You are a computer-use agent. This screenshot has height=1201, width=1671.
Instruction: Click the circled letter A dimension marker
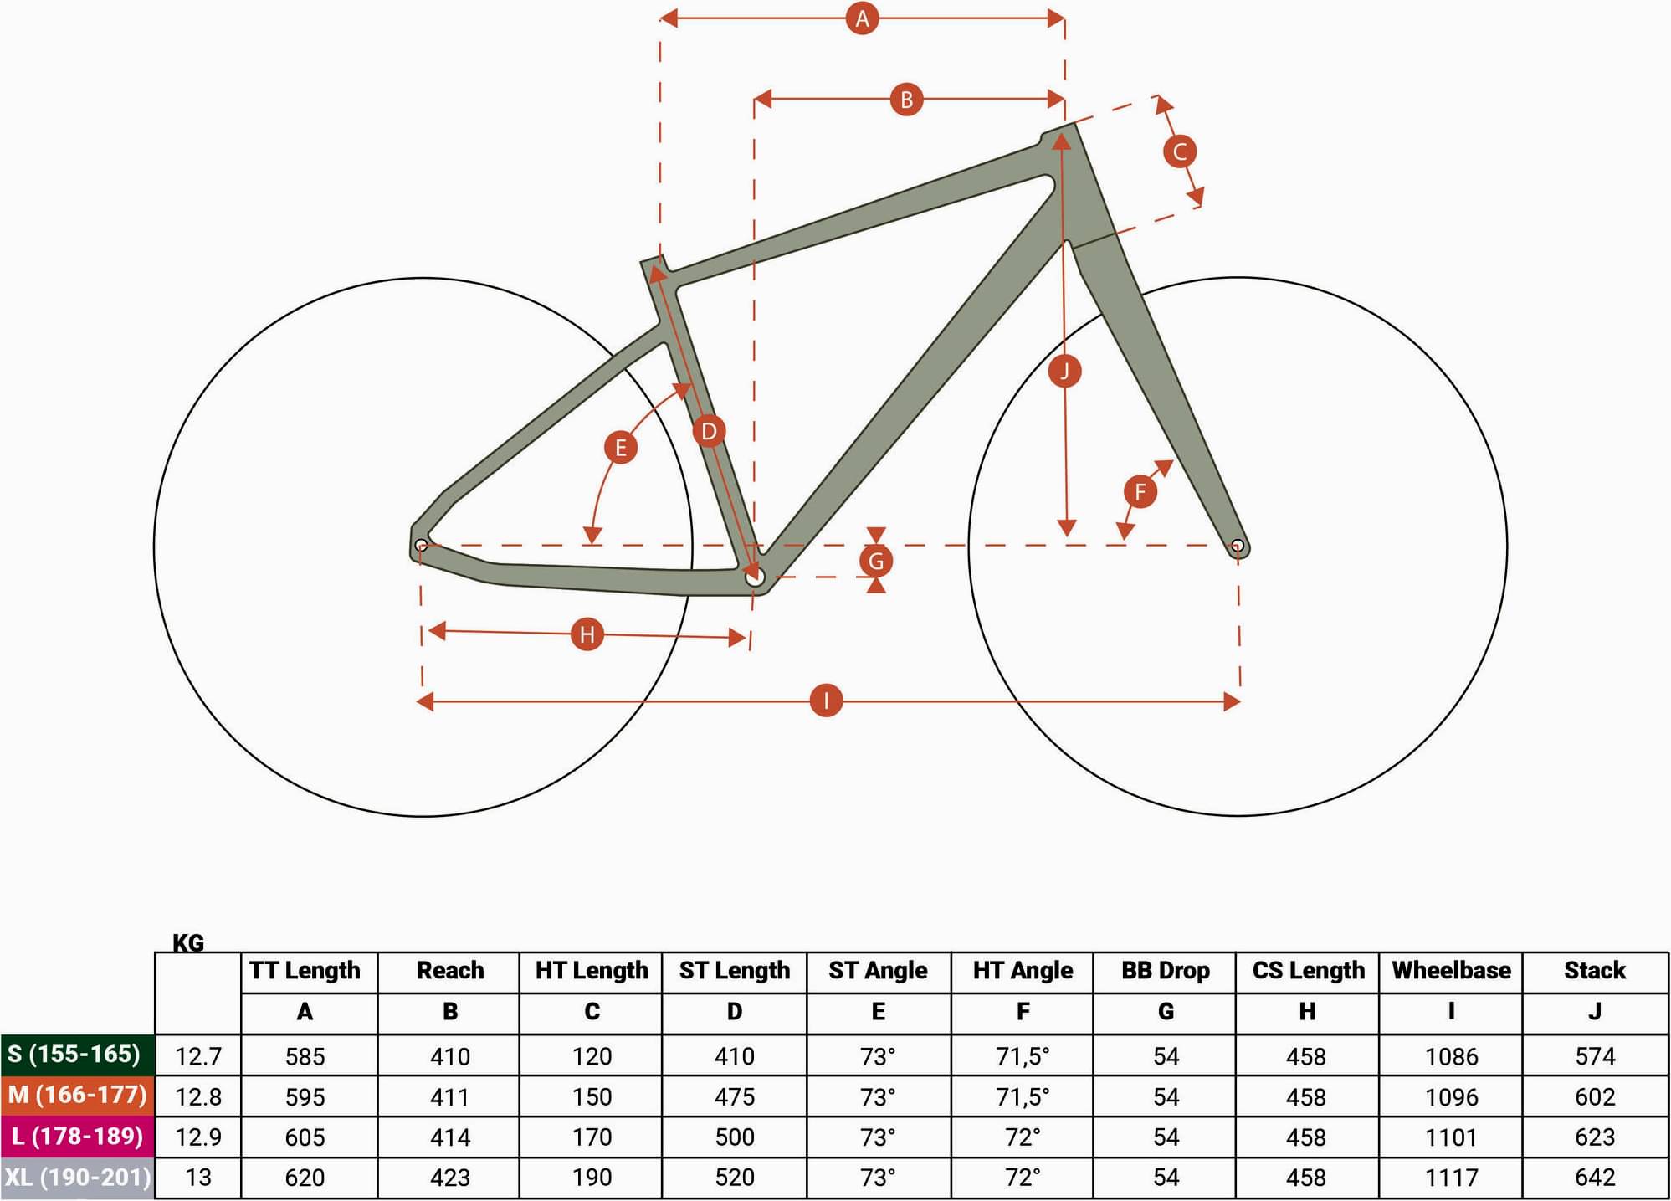862,18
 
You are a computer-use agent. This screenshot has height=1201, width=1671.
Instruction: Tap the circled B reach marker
906,100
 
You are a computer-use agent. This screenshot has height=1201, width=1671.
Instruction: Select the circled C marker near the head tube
1180,151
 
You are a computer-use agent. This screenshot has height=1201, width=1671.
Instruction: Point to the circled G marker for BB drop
876,561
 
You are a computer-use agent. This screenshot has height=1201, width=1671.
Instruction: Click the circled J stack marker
1064,371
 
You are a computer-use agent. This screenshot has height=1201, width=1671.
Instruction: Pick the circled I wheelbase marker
827,701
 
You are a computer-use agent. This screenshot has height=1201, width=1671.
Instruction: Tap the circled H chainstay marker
587,634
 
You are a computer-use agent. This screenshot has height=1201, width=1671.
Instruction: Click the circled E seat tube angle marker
621,447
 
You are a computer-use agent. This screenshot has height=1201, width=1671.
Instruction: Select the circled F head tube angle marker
1140,491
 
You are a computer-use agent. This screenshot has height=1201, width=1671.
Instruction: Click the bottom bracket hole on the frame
754,577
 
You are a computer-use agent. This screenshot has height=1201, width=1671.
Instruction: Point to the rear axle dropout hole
421,546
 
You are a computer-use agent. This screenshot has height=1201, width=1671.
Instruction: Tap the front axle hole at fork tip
1238,547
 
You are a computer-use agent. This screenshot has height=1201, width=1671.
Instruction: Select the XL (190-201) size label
78,1178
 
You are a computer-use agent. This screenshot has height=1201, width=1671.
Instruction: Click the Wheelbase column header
1451,971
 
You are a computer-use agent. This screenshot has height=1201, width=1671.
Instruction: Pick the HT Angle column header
1023,971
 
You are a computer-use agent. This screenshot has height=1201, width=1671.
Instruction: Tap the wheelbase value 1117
1451,1178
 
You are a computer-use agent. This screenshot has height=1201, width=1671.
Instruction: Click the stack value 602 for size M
1595,1096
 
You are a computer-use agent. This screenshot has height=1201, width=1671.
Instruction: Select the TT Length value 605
305,1137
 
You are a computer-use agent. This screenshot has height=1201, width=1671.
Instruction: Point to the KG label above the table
188,943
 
